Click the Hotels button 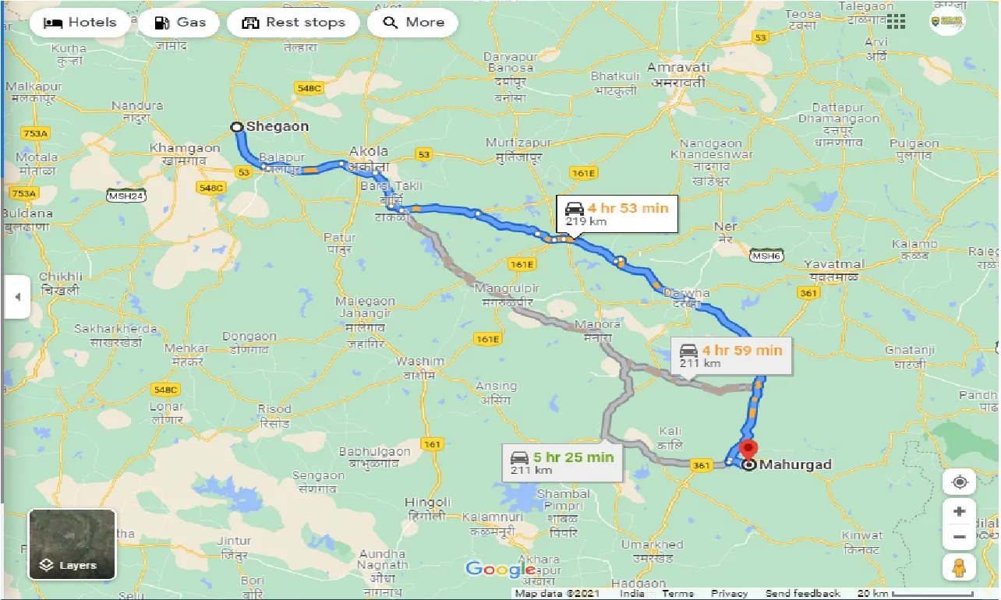point(80,23)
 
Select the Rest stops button point(293,23)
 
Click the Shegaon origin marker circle point(237,126)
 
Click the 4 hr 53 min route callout point(617,214)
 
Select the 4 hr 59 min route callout point(730,355)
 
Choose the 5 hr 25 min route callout point(561,462)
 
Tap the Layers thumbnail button point(72,544)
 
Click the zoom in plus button point(959,512)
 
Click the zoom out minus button point(959,537)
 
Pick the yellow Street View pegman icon point(959,567)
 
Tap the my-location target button point(959,482)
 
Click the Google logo point(500,570)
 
